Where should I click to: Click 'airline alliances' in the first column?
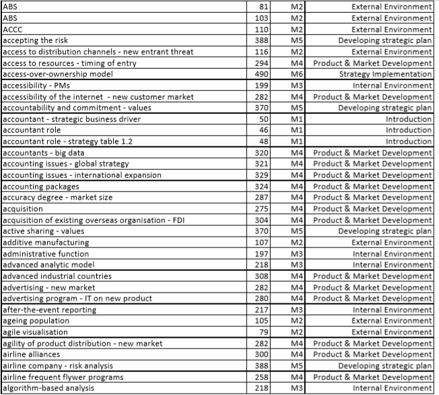(x=32, y=355)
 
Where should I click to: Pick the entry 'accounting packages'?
(x=41, y=187)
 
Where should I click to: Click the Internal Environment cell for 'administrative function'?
(x=392, y=253)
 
